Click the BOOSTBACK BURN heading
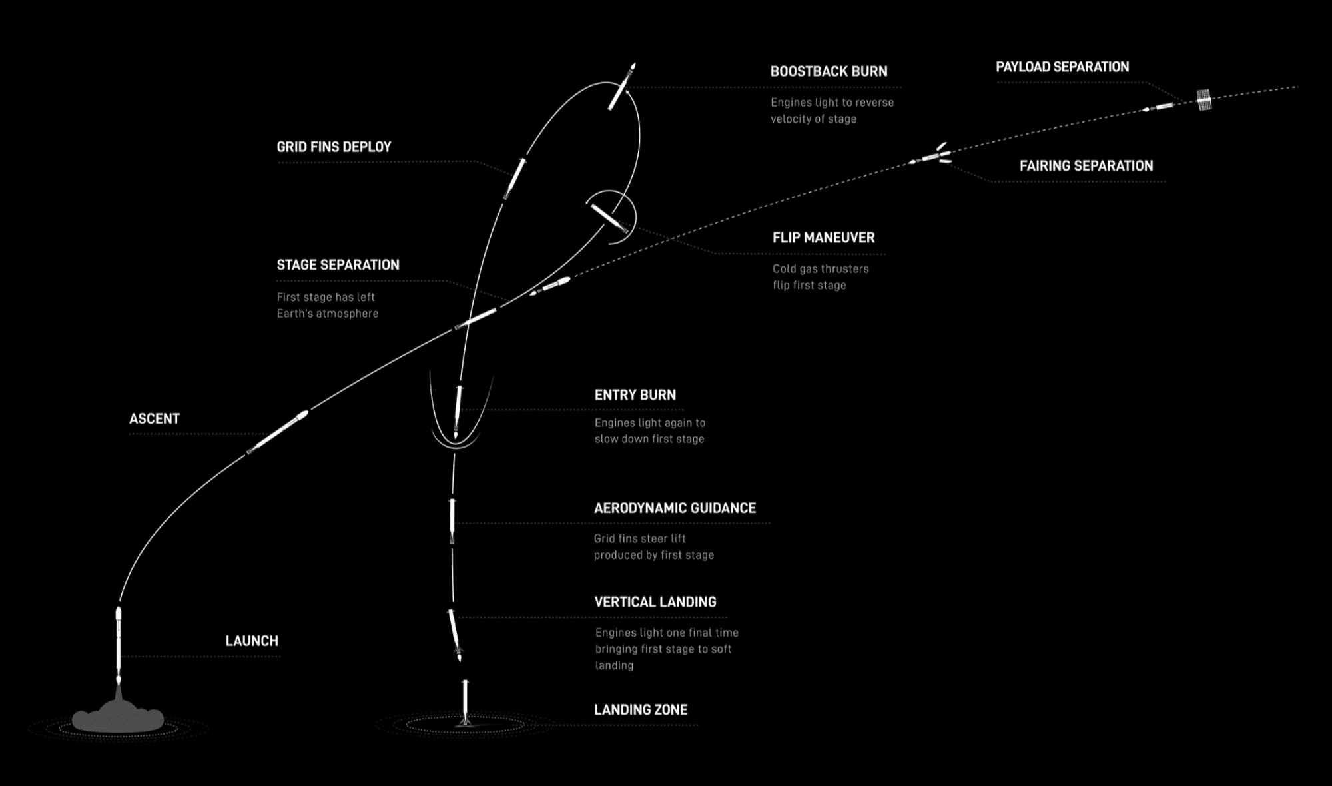(x=829, y=71)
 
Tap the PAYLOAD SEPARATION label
(x=1062, y=67)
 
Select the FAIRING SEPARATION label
(x=1086, y=166)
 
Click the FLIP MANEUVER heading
(x=823, y=238)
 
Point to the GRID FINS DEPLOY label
(x=334, y=147)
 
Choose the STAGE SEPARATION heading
(x=338, y=265)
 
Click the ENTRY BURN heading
(x=635, y=395)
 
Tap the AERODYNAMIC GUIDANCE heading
(x=675, y=508)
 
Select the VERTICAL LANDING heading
(x=655, y=602)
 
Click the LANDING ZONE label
(x=641, y=710)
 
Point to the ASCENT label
(x=155, y=419)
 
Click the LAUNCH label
(x=252, y=641)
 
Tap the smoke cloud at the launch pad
(x=118, y=718)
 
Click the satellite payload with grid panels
(x=1203, y=100)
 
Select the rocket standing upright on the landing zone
(x=465, y=703)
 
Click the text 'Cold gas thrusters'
(x=821, y=269)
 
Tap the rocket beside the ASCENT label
(x=278, y=432)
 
